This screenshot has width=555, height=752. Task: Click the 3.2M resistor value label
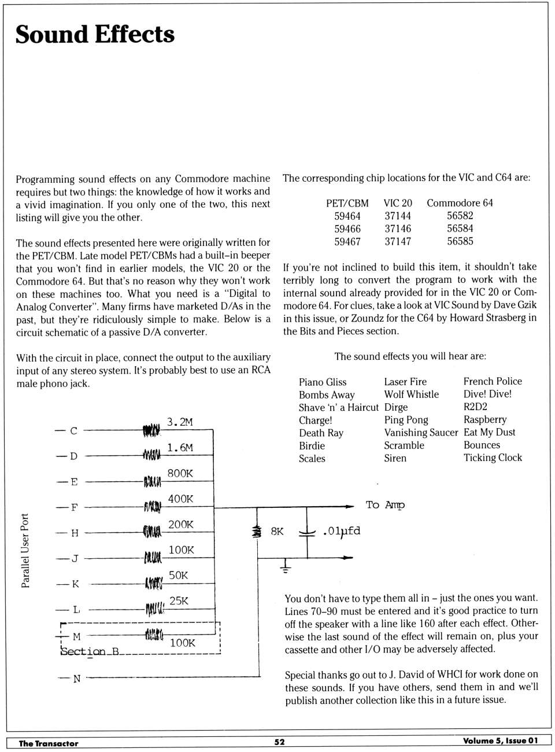click(180, 422)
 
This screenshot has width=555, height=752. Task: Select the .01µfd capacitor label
click(342, 531)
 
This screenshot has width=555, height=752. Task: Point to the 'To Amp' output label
click(385, 505)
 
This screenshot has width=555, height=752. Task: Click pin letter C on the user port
click(73, 431)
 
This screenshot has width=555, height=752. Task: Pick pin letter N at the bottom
click(77, 679)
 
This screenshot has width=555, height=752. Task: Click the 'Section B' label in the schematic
click(90, 651)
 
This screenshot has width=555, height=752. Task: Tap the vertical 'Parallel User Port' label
click(25, 551)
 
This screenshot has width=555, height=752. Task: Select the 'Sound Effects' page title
click(95, 34)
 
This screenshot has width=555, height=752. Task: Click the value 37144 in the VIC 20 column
click(398, 216)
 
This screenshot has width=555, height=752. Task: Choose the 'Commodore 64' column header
click(460, 203)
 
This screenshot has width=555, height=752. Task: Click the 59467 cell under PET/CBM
click(347, 242)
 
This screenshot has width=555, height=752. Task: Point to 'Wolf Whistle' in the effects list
click(412, 395)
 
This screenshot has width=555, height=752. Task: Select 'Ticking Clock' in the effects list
click(493, 458)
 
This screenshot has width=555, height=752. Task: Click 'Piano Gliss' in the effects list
click(323, 382)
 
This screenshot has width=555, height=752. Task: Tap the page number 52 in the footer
click(279, 742)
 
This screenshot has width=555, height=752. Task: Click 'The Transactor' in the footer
click(49, 743)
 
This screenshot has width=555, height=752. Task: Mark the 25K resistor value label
click(179, 601)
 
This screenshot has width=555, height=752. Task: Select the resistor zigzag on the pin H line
click(152, 532)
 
